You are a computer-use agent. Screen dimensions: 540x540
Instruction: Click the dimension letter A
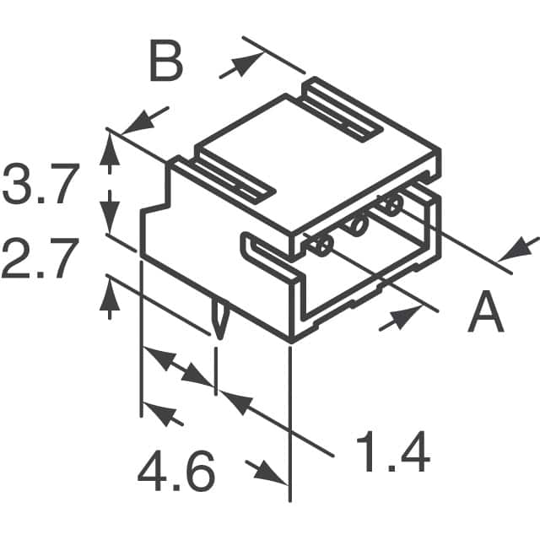click(485, 314)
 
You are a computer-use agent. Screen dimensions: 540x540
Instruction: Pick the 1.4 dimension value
click(391, 453)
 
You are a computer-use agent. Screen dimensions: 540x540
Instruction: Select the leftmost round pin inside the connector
click(321, 246)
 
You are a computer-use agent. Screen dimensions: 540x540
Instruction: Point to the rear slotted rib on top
click(341, 105)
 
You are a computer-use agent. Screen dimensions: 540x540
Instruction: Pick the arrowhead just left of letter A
click(408, 316)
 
